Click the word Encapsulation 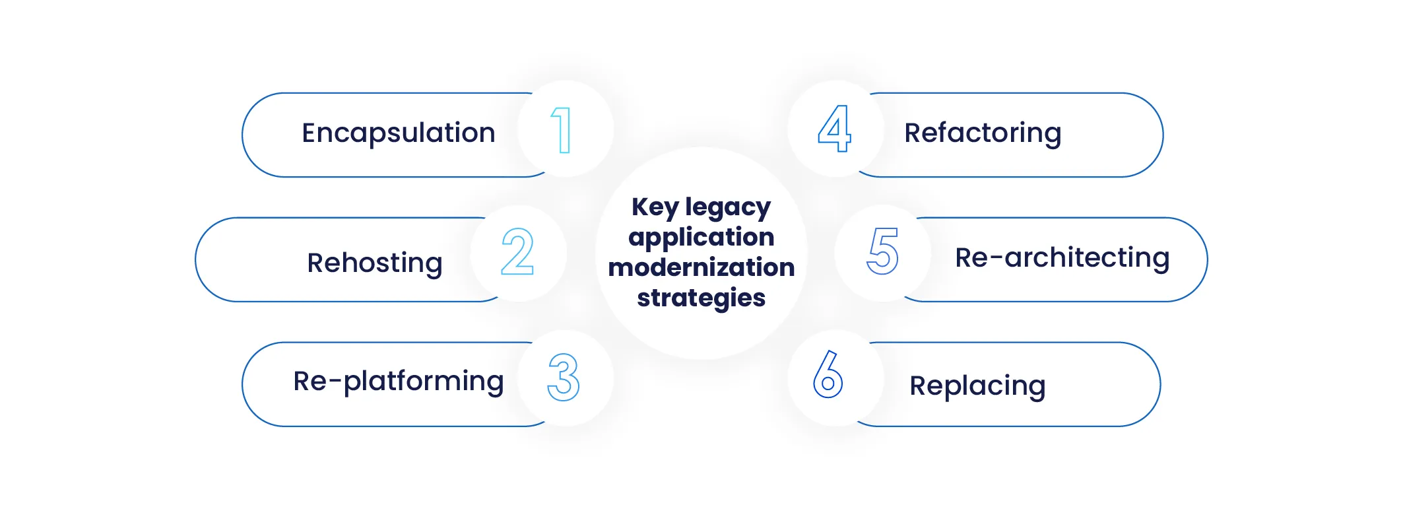(398, 133)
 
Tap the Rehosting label (374, 263)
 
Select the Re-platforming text (398, 381)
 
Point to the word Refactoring (983, 133)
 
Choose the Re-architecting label (1062, 257)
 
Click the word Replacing (977, 386)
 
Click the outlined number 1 (562, 130)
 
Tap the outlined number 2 (517, 252)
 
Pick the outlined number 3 (564, 378)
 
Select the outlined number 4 (834, 129)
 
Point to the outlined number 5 (882, 251)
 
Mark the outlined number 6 (828, 374)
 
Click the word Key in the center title (655, 207)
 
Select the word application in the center (701, 238)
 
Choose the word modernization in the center (701, 267)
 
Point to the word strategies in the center (701, 298)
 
